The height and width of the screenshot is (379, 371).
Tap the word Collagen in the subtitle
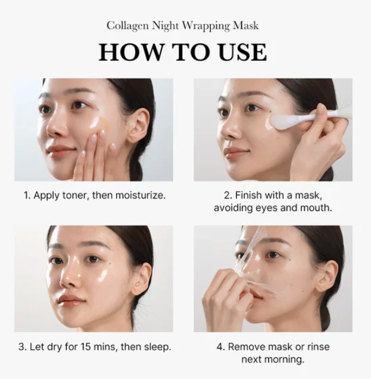point(127,26)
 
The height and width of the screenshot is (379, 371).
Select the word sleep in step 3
point(157,347)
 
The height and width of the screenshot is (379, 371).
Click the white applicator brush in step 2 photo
point(299,119)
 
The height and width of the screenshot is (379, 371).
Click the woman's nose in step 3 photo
point(71,278)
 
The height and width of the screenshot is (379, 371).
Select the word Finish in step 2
point(250,196)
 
